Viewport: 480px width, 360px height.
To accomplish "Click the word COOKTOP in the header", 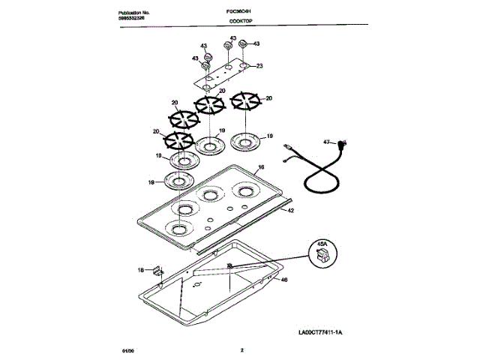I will click(240, 23).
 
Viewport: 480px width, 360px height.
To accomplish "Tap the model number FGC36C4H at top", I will click(240, 14).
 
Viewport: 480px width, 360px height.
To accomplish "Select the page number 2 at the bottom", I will click(241, 350).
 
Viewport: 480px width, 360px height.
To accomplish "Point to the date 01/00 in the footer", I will click(126, 350).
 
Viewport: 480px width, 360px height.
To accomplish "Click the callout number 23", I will click(259, 67).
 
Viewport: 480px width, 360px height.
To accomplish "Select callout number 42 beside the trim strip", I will click(290, 211).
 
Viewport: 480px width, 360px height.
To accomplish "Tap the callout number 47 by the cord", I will click(327, 141).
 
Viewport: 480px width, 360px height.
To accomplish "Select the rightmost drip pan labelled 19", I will click(246, 139).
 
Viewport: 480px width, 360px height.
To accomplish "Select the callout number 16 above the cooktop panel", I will click(261, 169).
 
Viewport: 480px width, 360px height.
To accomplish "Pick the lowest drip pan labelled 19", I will click(178, 180).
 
